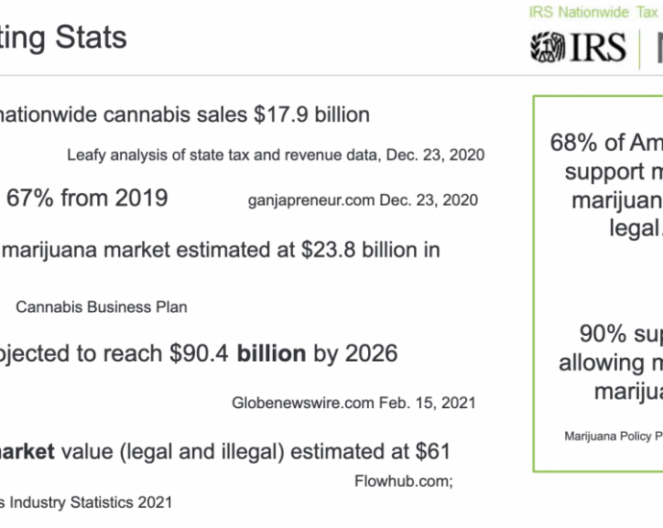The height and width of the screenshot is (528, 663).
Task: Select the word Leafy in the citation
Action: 86,154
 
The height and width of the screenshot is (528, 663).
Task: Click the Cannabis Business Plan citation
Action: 101,307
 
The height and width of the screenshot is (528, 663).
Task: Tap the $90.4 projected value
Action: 199,353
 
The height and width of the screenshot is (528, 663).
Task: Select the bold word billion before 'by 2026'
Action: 272,353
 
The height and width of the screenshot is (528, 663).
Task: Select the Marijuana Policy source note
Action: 613,436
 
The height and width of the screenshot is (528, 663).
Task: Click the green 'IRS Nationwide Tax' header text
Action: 593,12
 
